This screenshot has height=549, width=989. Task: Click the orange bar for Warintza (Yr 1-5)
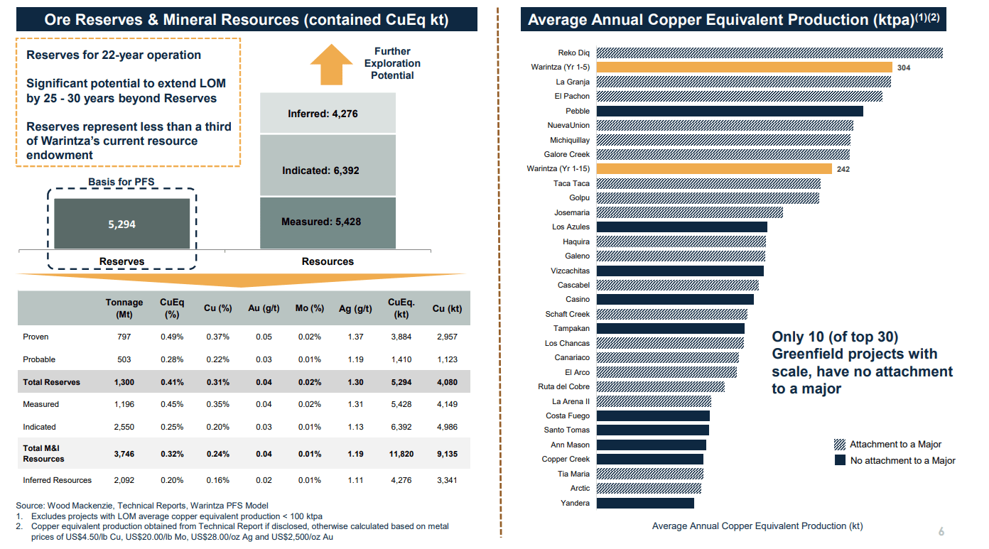(744, 67)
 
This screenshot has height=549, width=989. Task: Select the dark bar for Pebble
(730, 111)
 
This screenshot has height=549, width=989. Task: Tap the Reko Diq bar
(769, 53)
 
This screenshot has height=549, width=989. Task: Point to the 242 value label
(843, 169)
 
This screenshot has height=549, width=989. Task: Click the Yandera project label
(575, 503)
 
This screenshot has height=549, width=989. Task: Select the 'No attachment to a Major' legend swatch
(839, 460)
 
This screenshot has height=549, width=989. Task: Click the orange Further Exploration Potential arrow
(331, 64)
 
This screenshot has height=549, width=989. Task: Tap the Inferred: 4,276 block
(328, 114)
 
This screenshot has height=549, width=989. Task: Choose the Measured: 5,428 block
(328, 222)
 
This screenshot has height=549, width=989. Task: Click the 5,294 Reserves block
(121, 224)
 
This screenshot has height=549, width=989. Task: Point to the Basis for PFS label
(121, 182)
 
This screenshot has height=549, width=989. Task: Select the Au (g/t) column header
(264, 308)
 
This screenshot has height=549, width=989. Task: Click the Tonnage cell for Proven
(124, 337)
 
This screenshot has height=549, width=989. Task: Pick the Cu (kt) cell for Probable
(447, 359)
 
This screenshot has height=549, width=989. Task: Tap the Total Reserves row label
(51, 382)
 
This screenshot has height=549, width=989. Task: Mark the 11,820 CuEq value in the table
(401, 454)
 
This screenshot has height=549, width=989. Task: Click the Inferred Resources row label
(57, 480)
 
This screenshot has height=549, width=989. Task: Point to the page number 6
(941, 532)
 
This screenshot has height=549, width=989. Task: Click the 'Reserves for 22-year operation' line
(114, 55)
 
